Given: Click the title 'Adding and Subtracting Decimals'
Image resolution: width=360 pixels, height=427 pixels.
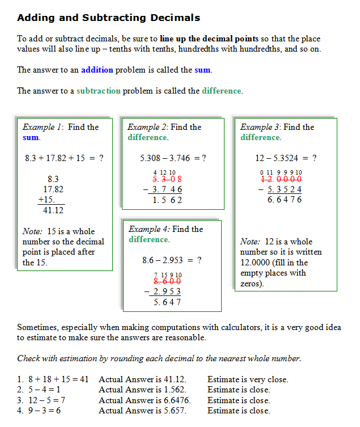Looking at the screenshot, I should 108,18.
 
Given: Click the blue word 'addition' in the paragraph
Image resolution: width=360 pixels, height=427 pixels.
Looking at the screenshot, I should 97,70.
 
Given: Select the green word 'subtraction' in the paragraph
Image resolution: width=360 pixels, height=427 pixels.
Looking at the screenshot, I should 98,91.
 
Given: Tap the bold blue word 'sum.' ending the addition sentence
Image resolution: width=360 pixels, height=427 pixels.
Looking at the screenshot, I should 203,70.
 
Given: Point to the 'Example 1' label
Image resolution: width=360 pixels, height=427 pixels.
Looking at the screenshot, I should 43,127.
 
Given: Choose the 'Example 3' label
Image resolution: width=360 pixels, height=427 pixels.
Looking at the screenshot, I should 260,127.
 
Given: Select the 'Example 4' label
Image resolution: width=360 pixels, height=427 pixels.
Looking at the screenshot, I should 149,229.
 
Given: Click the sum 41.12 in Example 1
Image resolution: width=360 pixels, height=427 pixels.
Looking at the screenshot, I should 53,210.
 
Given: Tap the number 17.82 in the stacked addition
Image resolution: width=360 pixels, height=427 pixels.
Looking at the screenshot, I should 53,189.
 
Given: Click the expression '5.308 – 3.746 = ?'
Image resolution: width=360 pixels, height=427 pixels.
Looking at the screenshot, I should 172,158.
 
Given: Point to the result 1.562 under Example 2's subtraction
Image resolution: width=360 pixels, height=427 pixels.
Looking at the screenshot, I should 167,200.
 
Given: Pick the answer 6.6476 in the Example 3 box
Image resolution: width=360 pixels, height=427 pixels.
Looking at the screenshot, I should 285,200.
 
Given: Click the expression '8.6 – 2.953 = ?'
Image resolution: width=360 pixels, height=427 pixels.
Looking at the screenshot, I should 172,260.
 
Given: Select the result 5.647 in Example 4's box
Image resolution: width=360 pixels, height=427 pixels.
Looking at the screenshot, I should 167,302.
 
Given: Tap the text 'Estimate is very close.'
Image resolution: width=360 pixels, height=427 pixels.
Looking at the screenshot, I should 248,379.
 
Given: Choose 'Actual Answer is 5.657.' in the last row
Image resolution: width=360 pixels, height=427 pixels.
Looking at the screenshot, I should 142,411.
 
